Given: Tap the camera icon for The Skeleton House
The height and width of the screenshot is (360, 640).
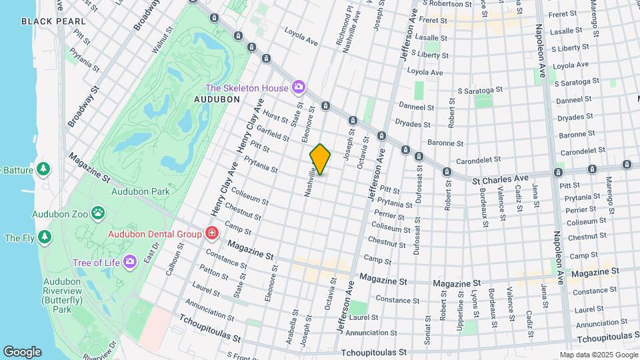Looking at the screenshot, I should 299,87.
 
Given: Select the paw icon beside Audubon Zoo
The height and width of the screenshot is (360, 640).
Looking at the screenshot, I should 98,213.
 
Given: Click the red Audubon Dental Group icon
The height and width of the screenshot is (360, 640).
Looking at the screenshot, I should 211,233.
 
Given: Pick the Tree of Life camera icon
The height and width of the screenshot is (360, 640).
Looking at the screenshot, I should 130,261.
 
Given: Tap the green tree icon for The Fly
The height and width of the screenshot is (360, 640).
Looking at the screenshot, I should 44,237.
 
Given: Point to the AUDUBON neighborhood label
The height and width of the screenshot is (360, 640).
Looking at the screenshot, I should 216,99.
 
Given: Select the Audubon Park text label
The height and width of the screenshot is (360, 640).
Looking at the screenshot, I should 131,191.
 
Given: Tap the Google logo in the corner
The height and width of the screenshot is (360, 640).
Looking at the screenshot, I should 22,352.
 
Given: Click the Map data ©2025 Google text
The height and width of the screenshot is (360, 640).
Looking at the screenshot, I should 597,355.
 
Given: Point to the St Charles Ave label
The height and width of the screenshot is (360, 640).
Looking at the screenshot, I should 500,179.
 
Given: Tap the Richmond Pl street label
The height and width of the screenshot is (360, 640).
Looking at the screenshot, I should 348,23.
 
